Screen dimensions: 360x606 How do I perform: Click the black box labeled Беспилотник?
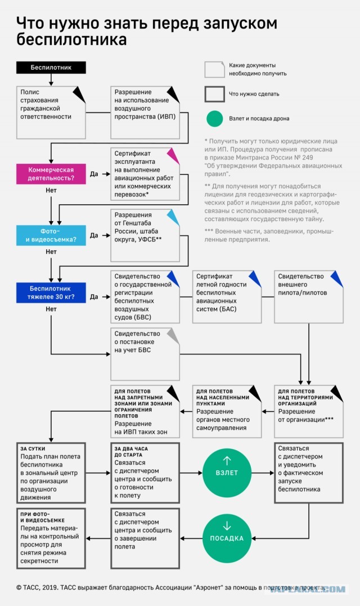[51, 68]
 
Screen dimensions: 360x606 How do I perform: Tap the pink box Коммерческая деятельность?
[51, 174]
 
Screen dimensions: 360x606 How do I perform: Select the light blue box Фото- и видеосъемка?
[51, 235]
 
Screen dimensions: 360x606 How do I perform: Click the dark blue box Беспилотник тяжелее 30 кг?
[51, 293]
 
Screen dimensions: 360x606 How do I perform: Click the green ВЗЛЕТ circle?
[227, 473]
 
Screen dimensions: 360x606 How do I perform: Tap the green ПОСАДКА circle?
[227, 538]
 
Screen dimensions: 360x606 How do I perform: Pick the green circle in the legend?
[215, 119]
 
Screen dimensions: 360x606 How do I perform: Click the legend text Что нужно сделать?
[254, 94]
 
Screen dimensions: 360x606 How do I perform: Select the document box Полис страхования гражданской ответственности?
[51, 113]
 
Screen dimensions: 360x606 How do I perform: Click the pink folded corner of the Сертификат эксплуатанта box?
[174, 155]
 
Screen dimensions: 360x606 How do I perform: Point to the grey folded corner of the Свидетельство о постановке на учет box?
[174, 335]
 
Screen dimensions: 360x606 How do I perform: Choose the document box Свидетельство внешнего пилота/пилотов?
[309, 297]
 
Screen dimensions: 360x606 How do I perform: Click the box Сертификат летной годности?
[227, 297]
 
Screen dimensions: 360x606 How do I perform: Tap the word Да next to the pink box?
[94, 174]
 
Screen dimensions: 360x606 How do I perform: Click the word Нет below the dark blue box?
[51, 309]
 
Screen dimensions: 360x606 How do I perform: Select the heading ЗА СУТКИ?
[33, 448]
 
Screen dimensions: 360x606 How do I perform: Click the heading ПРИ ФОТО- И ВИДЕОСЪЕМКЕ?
[43, 517]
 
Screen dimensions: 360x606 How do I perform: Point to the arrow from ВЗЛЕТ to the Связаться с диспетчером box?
[263, 473]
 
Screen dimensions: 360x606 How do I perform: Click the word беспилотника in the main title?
[71, 39]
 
